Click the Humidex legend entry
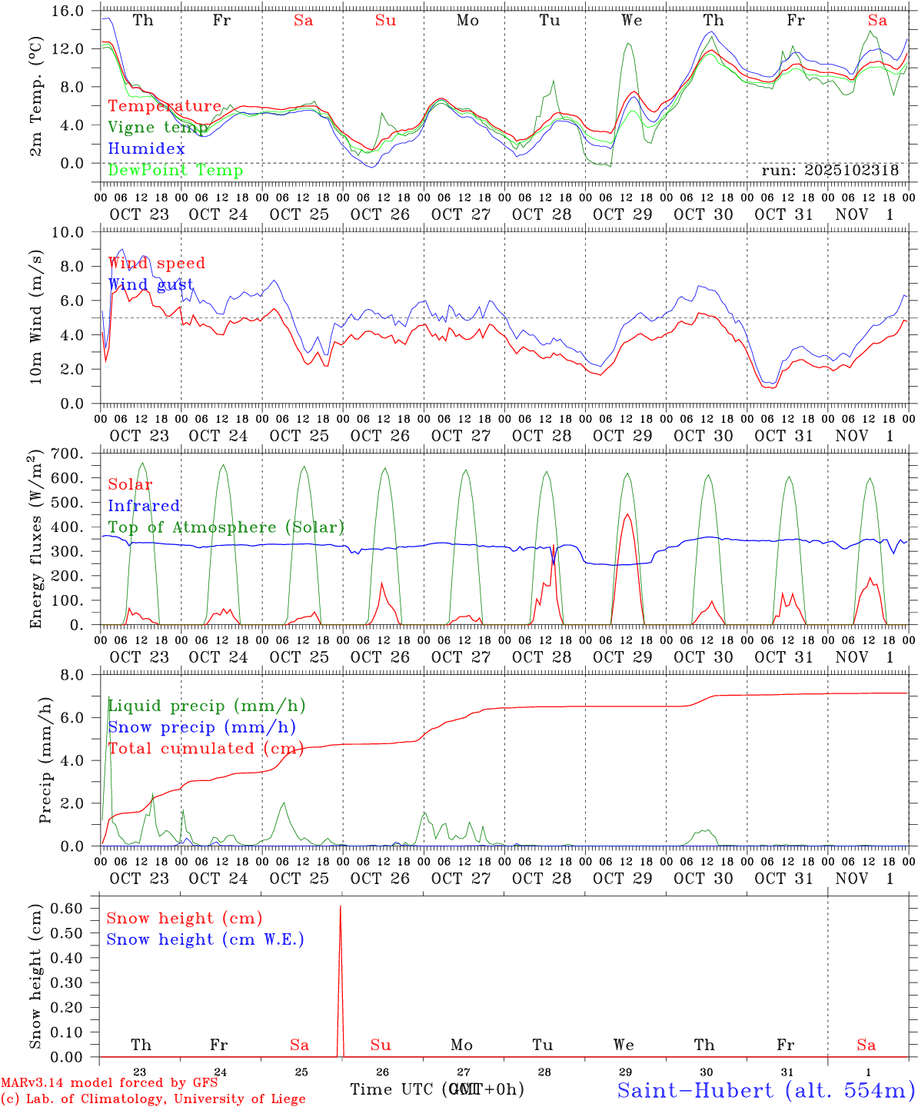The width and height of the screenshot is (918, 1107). coord(146,149)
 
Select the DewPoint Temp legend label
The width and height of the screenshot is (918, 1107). coord(175,171)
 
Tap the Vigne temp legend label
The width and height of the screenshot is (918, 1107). coord(158,128)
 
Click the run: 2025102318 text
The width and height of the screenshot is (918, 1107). coord(830,171)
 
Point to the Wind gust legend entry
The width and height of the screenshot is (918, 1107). coord(150,285)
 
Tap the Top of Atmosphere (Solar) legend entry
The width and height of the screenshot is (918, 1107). coord(225,527)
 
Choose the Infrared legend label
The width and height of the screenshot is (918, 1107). coord(144,506)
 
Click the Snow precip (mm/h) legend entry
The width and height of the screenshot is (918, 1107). coord(201,727)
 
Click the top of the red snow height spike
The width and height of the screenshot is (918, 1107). coord(341,907)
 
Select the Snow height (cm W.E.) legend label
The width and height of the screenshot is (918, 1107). coord(205,939)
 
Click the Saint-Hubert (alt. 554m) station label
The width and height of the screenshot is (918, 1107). coord(766,1090)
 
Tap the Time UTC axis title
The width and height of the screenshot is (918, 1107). coord(437,1089)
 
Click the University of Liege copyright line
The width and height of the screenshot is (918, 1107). coord(153,1099)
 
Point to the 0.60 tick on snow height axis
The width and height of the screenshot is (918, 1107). coord(66,908)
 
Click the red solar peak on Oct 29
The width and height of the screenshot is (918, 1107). coord(627,514)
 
